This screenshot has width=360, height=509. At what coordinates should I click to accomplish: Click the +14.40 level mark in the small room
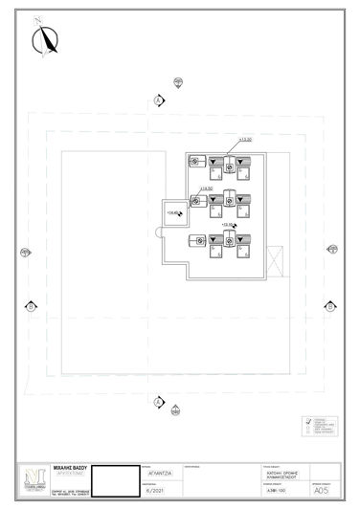[173, 212]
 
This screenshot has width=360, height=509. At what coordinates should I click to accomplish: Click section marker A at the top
[157, 99]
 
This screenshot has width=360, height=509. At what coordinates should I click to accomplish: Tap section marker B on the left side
[31, 306]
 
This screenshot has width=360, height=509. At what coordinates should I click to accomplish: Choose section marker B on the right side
[330, 306]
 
